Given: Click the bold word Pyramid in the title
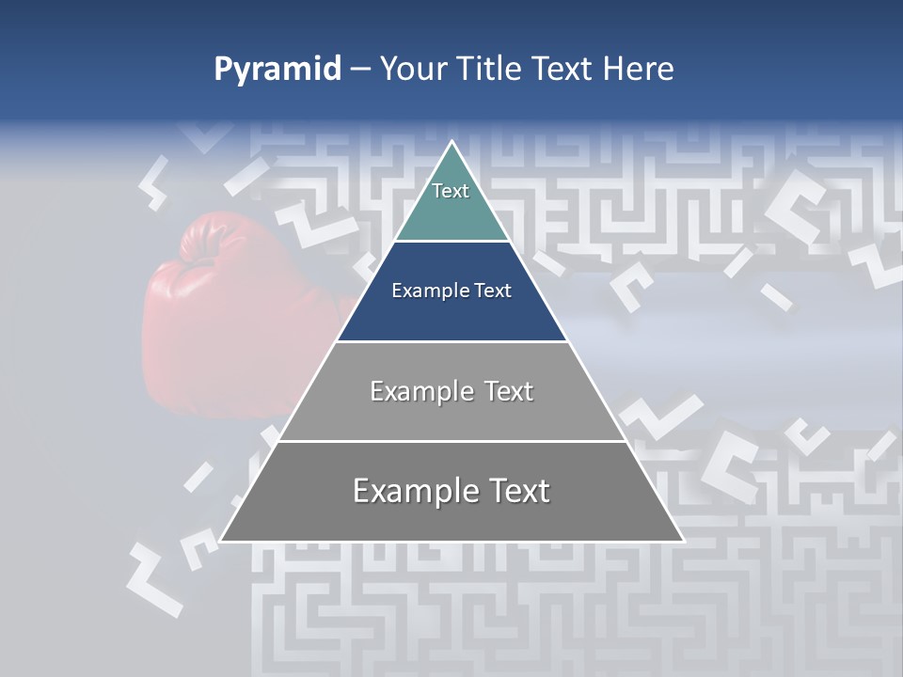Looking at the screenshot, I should coord(277,70).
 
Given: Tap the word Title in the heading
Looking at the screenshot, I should coord(491,69).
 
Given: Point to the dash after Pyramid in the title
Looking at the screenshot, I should coord(359,70).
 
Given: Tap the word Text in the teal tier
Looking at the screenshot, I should coord(451,191).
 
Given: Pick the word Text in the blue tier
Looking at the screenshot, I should coord(494,291).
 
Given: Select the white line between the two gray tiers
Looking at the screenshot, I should coord(451,441).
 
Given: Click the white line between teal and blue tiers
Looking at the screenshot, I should coord(451,242).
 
